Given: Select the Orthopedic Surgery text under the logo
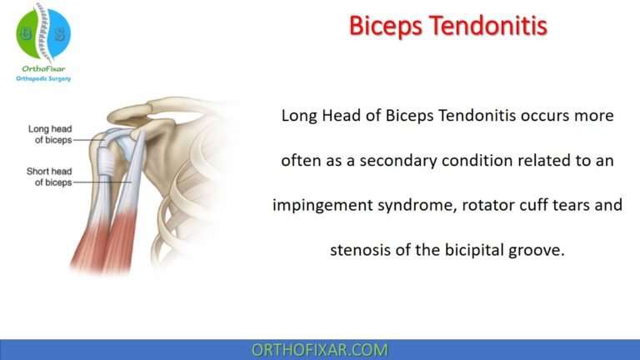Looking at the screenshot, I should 43,79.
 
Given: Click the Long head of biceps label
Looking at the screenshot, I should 50,134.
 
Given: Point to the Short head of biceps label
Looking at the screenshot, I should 50,177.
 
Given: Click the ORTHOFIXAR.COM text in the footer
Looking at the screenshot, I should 320,350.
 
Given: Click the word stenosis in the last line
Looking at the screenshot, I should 362,249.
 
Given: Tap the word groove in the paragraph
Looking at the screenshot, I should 539,249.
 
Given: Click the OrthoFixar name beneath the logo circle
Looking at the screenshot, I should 43,69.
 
